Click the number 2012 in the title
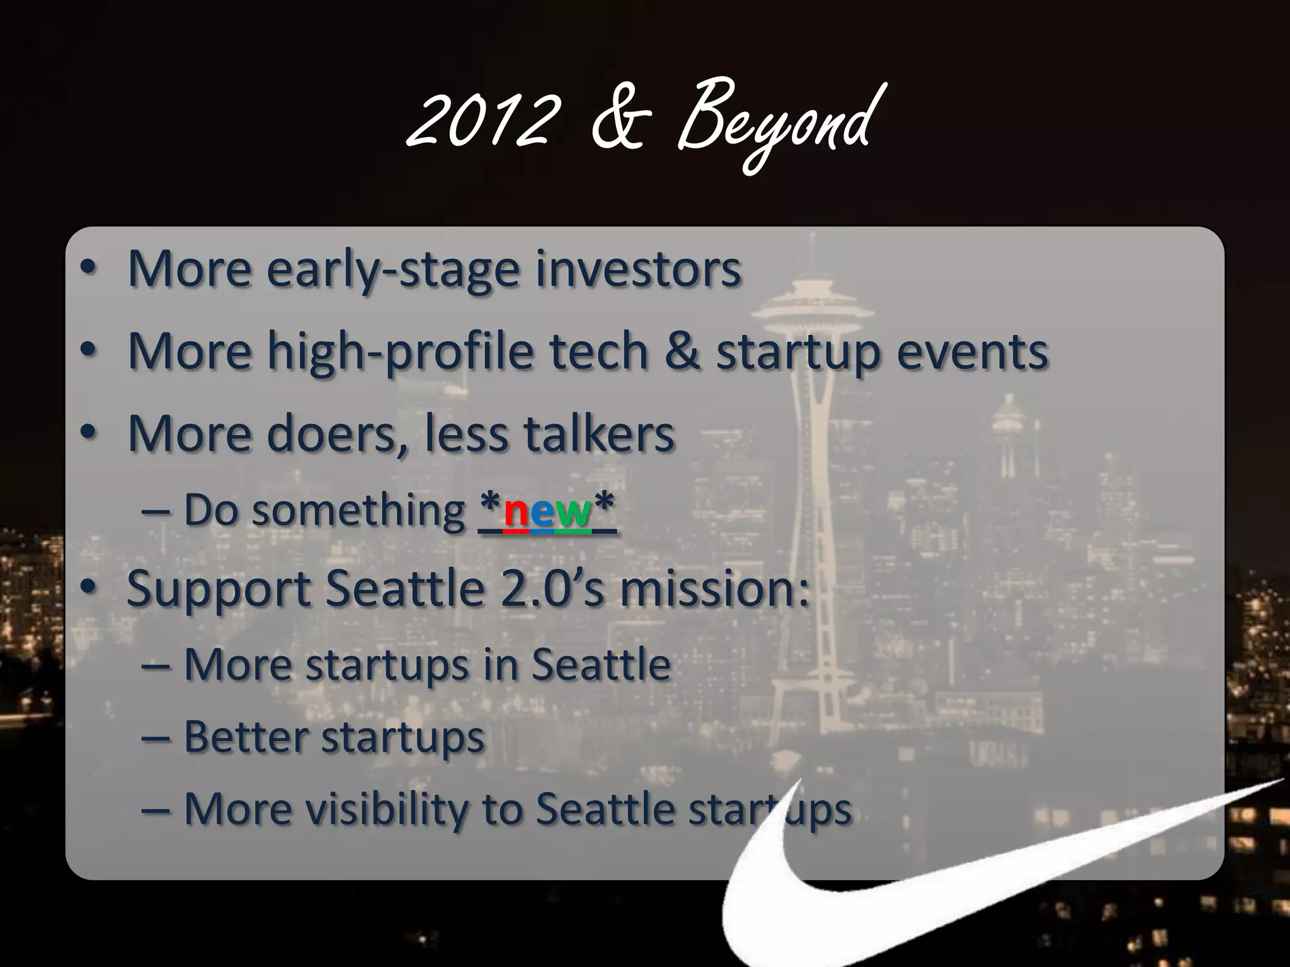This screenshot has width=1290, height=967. (x=482, y=120)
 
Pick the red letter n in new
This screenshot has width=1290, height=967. (x=516, y=511)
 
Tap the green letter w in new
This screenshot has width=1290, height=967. (x=573, y=511)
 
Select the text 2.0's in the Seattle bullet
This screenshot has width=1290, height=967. (x=551, y=589)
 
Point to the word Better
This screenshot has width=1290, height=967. (x=246, y=737)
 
